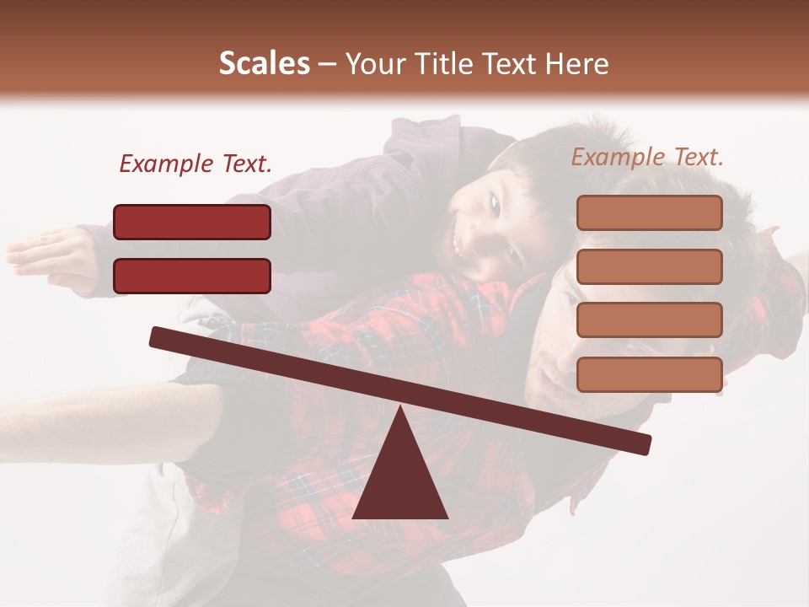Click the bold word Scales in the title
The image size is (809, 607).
coord(264,64)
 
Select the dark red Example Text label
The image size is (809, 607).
coord(196,164)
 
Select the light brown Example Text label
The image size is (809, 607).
coord(647,157)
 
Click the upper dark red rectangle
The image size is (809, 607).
coord(192,222)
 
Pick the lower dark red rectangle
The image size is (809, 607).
coord(192,276)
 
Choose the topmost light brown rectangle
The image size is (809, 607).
coord(649,212)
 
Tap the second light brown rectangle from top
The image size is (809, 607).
coord(649,266)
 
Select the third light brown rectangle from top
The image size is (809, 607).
coord(649,320)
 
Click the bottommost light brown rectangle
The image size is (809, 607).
coord(649,374)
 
